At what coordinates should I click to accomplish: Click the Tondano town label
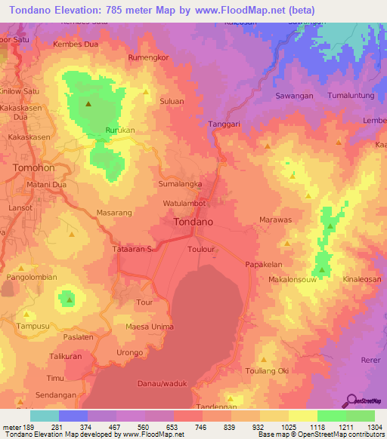tap(193, 223)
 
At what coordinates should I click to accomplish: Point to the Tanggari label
tap(224, 124)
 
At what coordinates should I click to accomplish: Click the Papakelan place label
tap(264, 265)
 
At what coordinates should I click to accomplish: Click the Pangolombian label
tap(31, 277)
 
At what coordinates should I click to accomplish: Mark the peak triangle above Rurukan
tap(88, 104)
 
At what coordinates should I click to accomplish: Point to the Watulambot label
tap(184, 204)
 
